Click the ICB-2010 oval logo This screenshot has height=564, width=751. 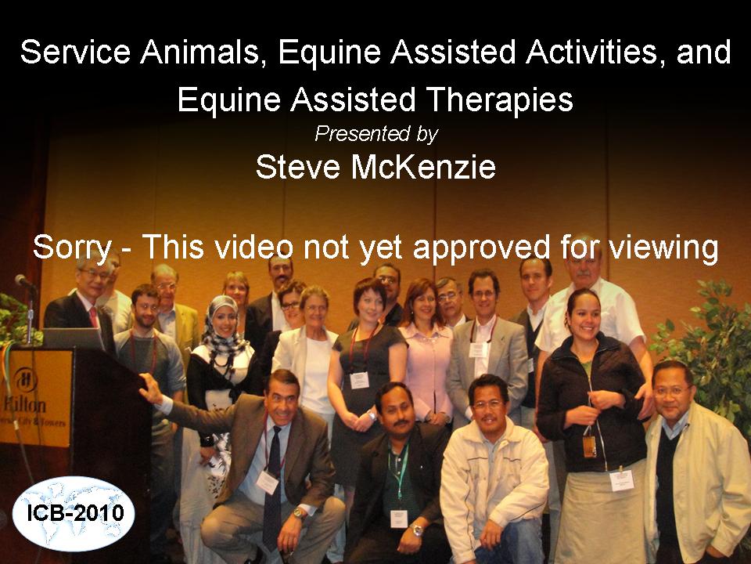[x=74, y=513]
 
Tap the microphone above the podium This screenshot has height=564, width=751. [x=24, y=281]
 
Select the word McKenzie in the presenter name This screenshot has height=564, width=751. [x=423, y=167]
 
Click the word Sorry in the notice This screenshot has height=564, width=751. [x=72, y=248]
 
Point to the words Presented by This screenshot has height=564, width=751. [x=376, y=134]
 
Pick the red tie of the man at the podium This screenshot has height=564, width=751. [x=93, y=317]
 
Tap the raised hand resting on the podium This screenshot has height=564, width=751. [x=150, y=388]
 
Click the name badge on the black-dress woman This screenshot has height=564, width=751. [x=359, y=381]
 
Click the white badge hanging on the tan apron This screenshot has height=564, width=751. [x=622, y=480]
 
